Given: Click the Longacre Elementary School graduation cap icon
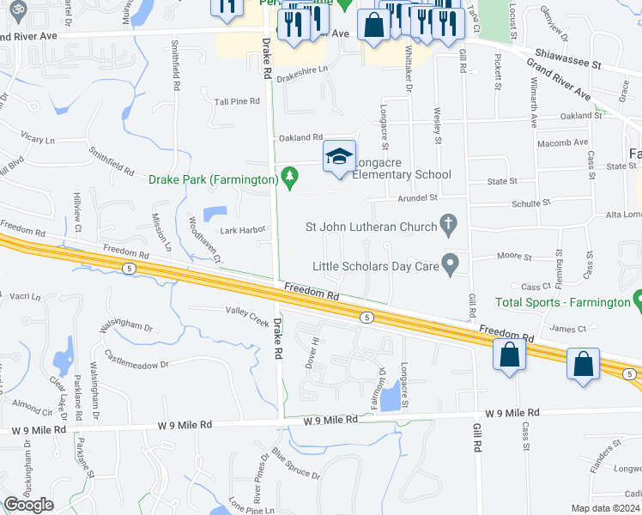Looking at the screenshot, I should pos(339,156).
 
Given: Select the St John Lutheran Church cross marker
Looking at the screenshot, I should pos(447,225).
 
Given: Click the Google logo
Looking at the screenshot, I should pos(29,504).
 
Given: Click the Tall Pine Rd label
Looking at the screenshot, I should pos(237,101).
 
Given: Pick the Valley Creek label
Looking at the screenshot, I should pos(247,313).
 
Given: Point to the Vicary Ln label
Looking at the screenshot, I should pos(38,137).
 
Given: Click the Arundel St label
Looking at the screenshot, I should pos(418,197).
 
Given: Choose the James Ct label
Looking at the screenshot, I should pos(567,327).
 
